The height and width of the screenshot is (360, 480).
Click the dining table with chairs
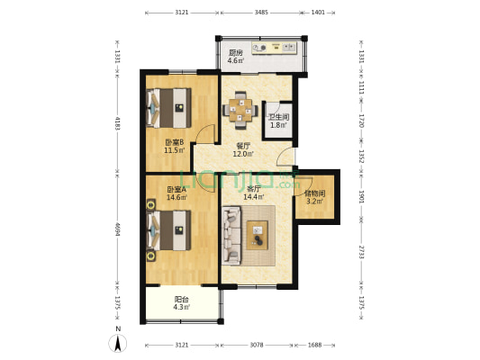tap(240, 110)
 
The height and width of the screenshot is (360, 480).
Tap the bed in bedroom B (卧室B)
tap(171, 107)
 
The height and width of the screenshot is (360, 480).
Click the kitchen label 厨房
tap(234, 52)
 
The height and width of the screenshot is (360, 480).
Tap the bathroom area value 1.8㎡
tap(278, 125)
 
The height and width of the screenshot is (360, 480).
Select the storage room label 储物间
tap(314, 193)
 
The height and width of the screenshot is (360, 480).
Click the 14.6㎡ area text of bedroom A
tap(175, 197)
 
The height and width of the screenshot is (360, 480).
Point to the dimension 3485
tap(261, 13)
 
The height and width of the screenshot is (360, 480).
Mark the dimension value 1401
tap(318, 13)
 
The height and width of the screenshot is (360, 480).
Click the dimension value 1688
tap(314, 345)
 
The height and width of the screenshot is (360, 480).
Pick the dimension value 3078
tap(257, 345)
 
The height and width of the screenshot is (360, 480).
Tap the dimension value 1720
tap(361, 118)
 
